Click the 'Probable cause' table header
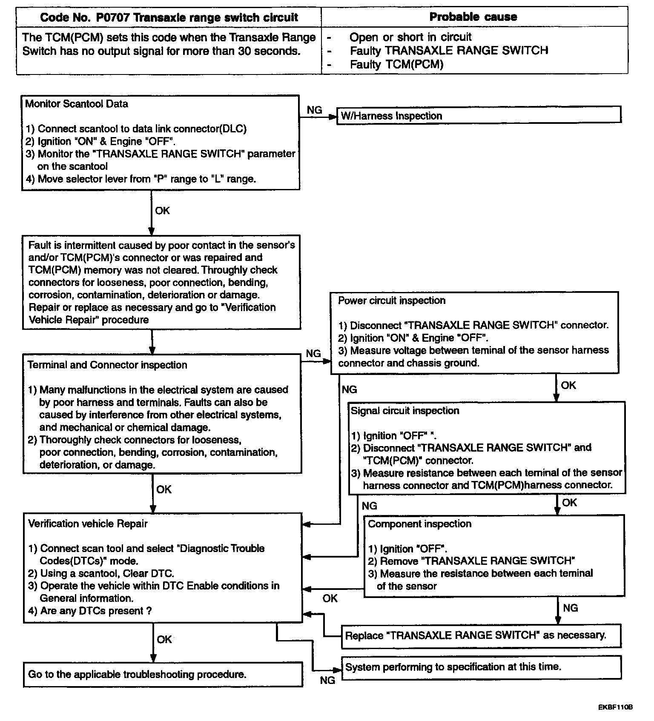473,17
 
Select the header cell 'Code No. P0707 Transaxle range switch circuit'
169,17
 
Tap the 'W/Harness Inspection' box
479,115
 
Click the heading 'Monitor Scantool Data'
77,104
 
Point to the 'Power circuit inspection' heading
392,300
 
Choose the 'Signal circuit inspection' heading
405,411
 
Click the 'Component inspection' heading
419,524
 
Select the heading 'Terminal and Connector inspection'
107,365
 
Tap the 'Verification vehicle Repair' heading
88,524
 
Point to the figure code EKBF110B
615,707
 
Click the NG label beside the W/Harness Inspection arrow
314,110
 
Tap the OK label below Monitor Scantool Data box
162,211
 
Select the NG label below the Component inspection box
571,608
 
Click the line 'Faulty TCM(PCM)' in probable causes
396,65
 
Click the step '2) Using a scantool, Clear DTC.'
101,573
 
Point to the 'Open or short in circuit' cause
410,37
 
